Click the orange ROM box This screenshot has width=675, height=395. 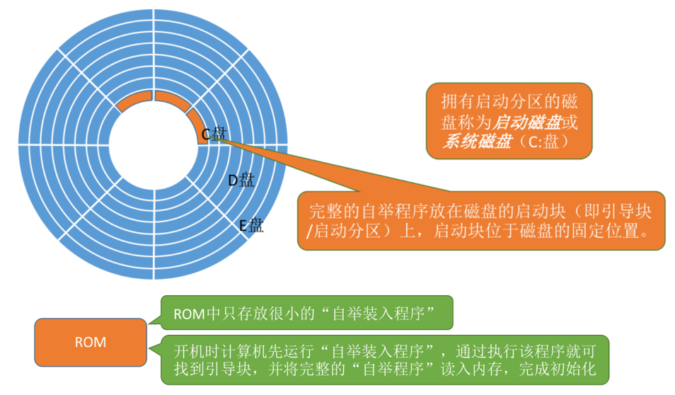[91, 343]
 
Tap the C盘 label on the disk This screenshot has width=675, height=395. [214, 134]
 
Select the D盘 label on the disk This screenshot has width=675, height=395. [241, 180]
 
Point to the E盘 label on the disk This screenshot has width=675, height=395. [251, 225]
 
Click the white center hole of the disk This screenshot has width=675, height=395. [154, 144]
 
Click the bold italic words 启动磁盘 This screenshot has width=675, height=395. [526, 122]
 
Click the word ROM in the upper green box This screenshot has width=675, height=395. [190, 314]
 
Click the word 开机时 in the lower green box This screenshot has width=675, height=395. [197, 352]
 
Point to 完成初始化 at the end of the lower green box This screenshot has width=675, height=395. [558, 369]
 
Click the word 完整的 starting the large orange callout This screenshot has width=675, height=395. [335, 212]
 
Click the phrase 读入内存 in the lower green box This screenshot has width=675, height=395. [471, 369]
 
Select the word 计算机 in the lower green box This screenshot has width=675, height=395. [243, 352]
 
